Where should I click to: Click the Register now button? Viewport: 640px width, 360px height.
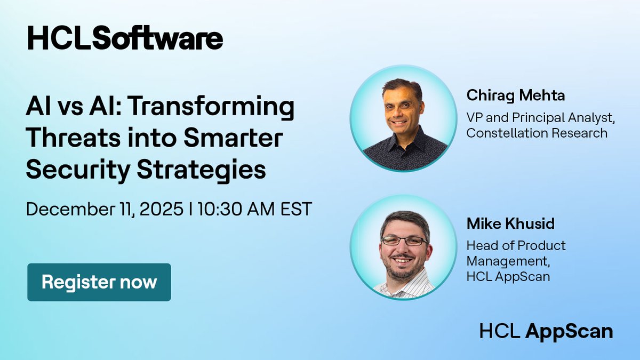[x=99, y=282]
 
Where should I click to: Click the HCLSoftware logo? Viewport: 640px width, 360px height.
[x=125, y=39]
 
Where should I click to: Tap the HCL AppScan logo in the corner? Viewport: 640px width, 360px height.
[x=546, y=331]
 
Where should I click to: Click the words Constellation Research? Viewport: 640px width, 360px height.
[x=537, y=133]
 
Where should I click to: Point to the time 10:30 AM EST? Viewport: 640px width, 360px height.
[x=254, y=209]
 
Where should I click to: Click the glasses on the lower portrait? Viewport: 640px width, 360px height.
[x=404, y=241]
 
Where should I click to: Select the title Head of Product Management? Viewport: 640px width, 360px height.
[x=516, y=253]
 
